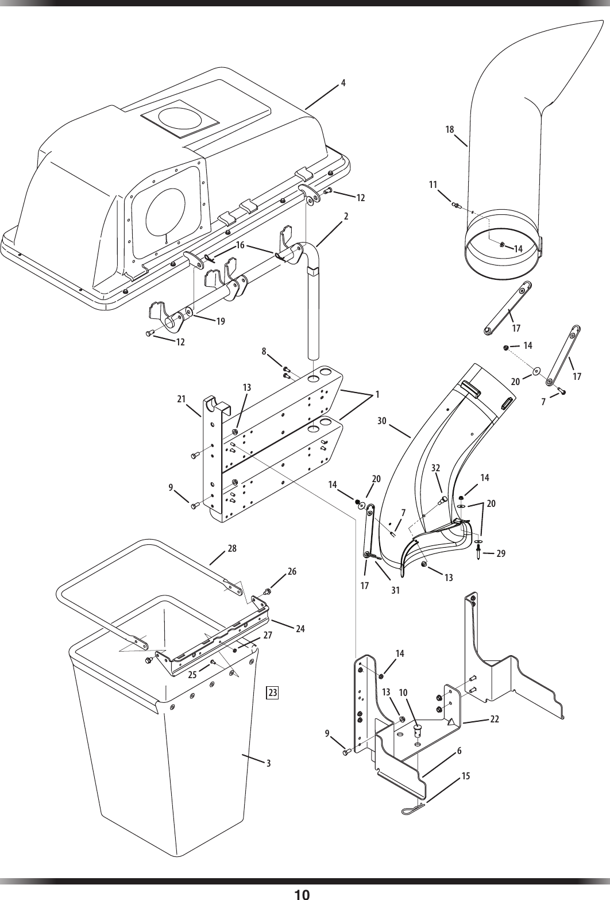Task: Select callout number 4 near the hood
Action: pos(343,82)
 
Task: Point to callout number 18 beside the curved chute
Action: pos(450,130)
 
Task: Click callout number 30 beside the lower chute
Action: pos(382,421)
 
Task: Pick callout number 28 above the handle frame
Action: pos(232,548)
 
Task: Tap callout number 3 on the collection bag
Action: pos(268,764)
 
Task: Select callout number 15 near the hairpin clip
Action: pos(465,776)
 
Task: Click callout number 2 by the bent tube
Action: pos(346,216)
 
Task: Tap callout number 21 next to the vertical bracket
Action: pos(182,399)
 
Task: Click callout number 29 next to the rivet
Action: pos(501,553)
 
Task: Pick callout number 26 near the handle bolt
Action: pos(292,572)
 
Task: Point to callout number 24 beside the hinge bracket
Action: pos(300,629)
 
